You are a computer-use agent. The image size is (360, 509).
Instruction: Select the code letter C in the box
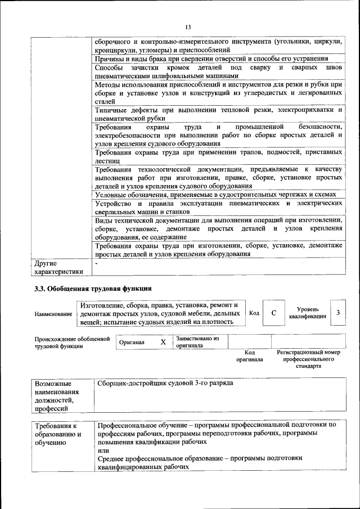[273, 313]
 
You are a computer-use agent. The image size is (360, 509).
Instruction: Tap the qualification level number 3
[338, 313]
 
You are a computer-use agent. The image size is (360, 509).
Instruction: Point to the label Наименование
[53, 313]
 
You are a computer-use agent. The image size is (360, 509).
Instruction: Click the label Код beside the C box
[254, 313]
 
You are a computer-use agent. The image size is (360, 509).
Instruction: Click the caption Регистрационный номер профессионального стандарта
[308, 359]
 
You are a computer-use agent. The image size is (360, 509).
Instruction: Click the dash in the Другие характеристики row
[97, 263]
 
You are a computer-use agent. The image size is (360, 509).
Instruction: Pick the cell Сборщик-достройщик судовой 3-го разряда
[164, 383]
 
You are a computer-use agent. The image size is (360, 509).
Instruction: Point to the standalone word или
[103, 451]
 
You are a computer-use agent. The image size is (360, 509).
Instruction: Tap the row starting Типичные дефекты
[218, 114]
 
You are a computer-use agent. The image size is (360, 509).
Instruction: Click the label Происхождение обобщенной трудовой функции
[71, 342]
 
